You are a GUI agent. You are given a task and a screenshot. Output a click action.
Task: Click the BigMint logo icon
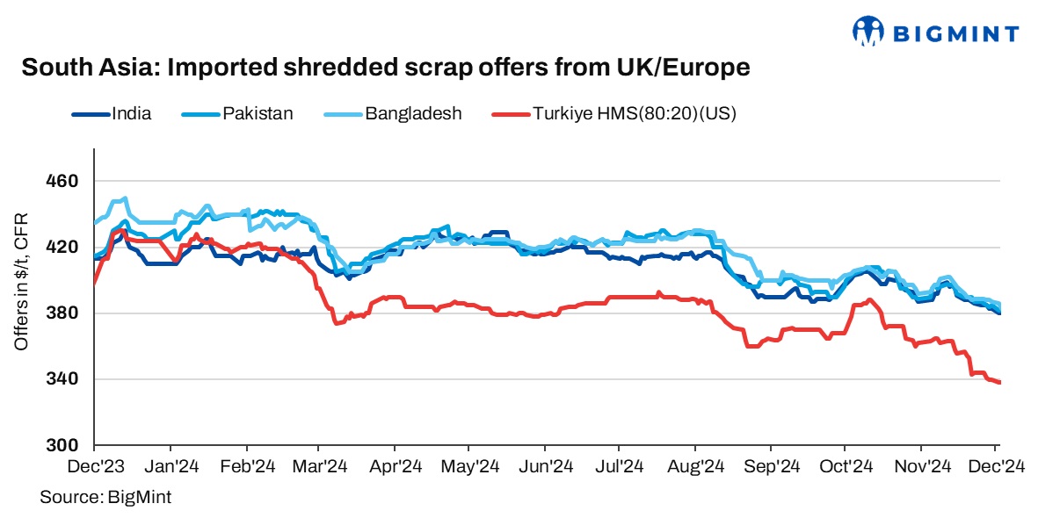[868, 32]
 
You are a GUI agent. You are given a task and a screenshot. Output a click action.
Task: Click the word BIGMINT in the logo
[956, 34]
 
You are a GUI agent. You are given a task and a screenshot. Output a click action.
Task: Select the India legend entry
[131, 113]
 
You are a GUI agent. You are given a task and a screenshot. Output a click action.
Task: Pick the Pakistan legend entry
[258, 113]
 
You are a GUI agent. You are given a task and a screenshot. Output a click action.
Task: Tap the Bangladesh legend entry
[413, 113]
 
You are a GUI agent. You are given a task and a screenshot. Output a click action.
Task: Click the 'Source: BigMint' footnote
[105, 497]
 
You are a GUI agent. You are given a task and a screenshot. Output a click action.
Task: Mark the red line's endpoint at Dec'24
[999, 382]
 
